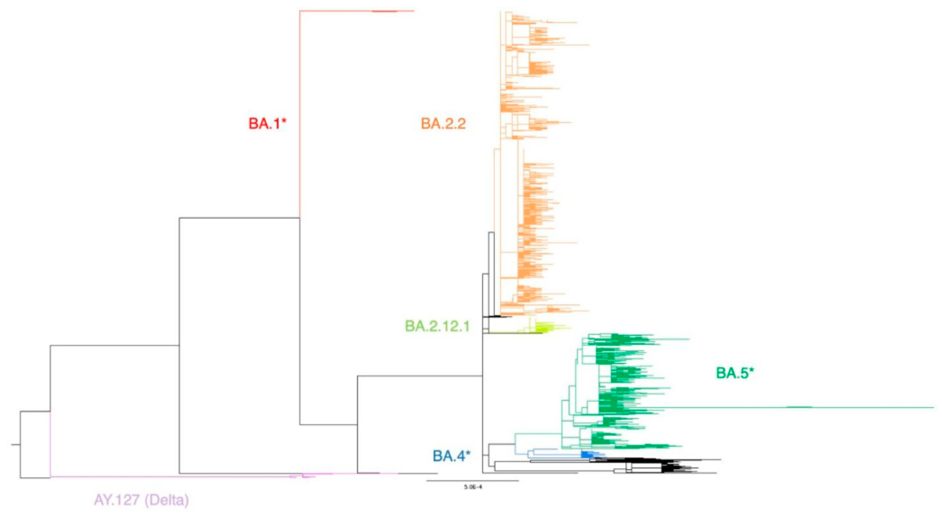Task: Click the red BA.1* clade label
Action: point(267,123)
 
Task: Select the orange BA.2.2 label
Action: point(443,123)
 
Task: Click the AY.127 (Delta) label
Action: point(142,500)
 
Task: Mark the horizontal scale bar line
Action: point(472,481)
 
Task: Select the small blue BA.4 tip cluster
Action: point(587,454)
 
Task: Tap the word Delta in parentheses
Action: point(167,500)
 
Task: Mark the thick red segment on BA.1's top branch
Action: point(384,11)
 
